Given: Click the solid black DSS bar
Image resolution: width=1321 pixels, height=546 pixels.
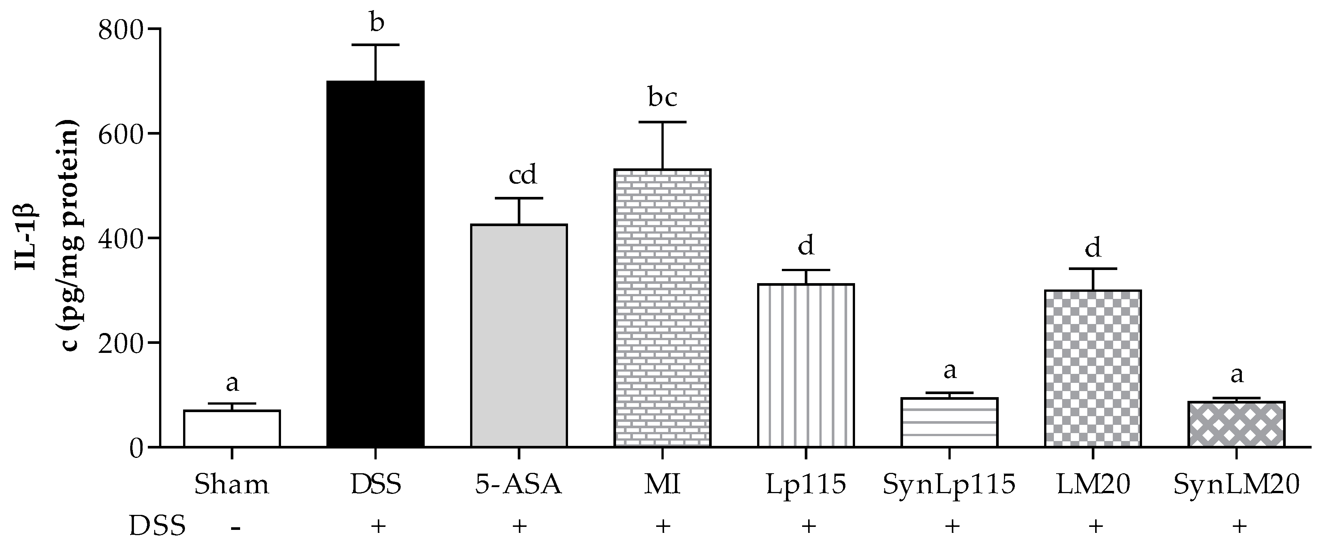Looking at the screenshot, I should point(376,264).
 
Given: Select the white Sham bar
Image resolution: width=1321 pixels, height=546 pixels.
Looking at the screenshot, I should point(232,429).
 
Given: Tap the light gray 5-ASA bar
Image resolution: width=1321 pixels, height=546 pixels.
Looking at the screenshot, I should point(519,336).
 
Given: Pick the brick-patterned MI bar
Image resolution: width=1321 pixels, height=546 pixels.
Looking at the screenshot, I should point(663,307).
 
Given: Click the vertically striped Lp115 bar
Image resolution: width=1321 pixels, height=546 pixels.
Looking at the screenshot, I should point(806,365).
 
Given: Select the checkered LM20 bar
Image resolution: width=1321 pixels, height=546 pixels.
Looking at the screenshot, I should point(1093,368).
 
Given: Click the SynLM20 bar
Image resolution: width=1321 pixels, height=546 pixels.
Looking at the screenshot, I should point(1236,424).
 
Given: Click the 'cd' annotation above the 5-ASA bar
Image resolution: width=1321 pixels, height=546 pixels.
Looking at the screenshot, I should point(523,175).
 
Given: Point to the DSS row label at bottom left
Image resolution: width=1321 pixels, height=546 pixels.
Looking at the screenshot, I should point(157,526).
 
